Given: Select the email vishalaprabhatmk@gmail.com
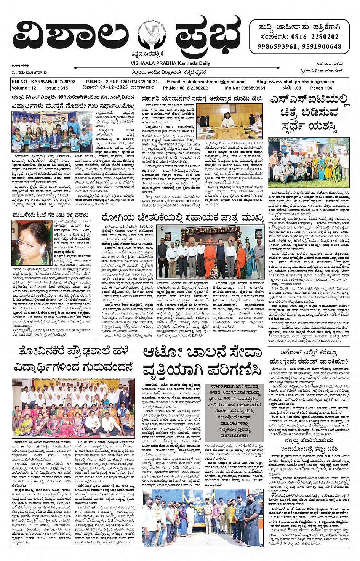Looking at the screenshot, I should pyautogui.click(x=214, y=82).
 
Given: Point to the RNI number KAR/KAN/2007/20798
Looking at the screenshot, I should pyautogui.click(x=43, y=82).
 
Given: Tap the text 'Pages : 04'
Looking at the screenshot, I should pyautogui.click(x=321, y=88).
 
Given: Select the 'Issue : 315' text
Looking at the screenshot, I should pyautogui.click(x=56, y=88).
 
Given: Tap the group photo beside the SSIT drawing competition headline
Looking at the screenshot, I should pyautogui.click(x=309, y=161).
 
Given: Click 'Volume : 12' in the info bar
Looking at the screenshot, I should pyautogui.click(x=24, y=88).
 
